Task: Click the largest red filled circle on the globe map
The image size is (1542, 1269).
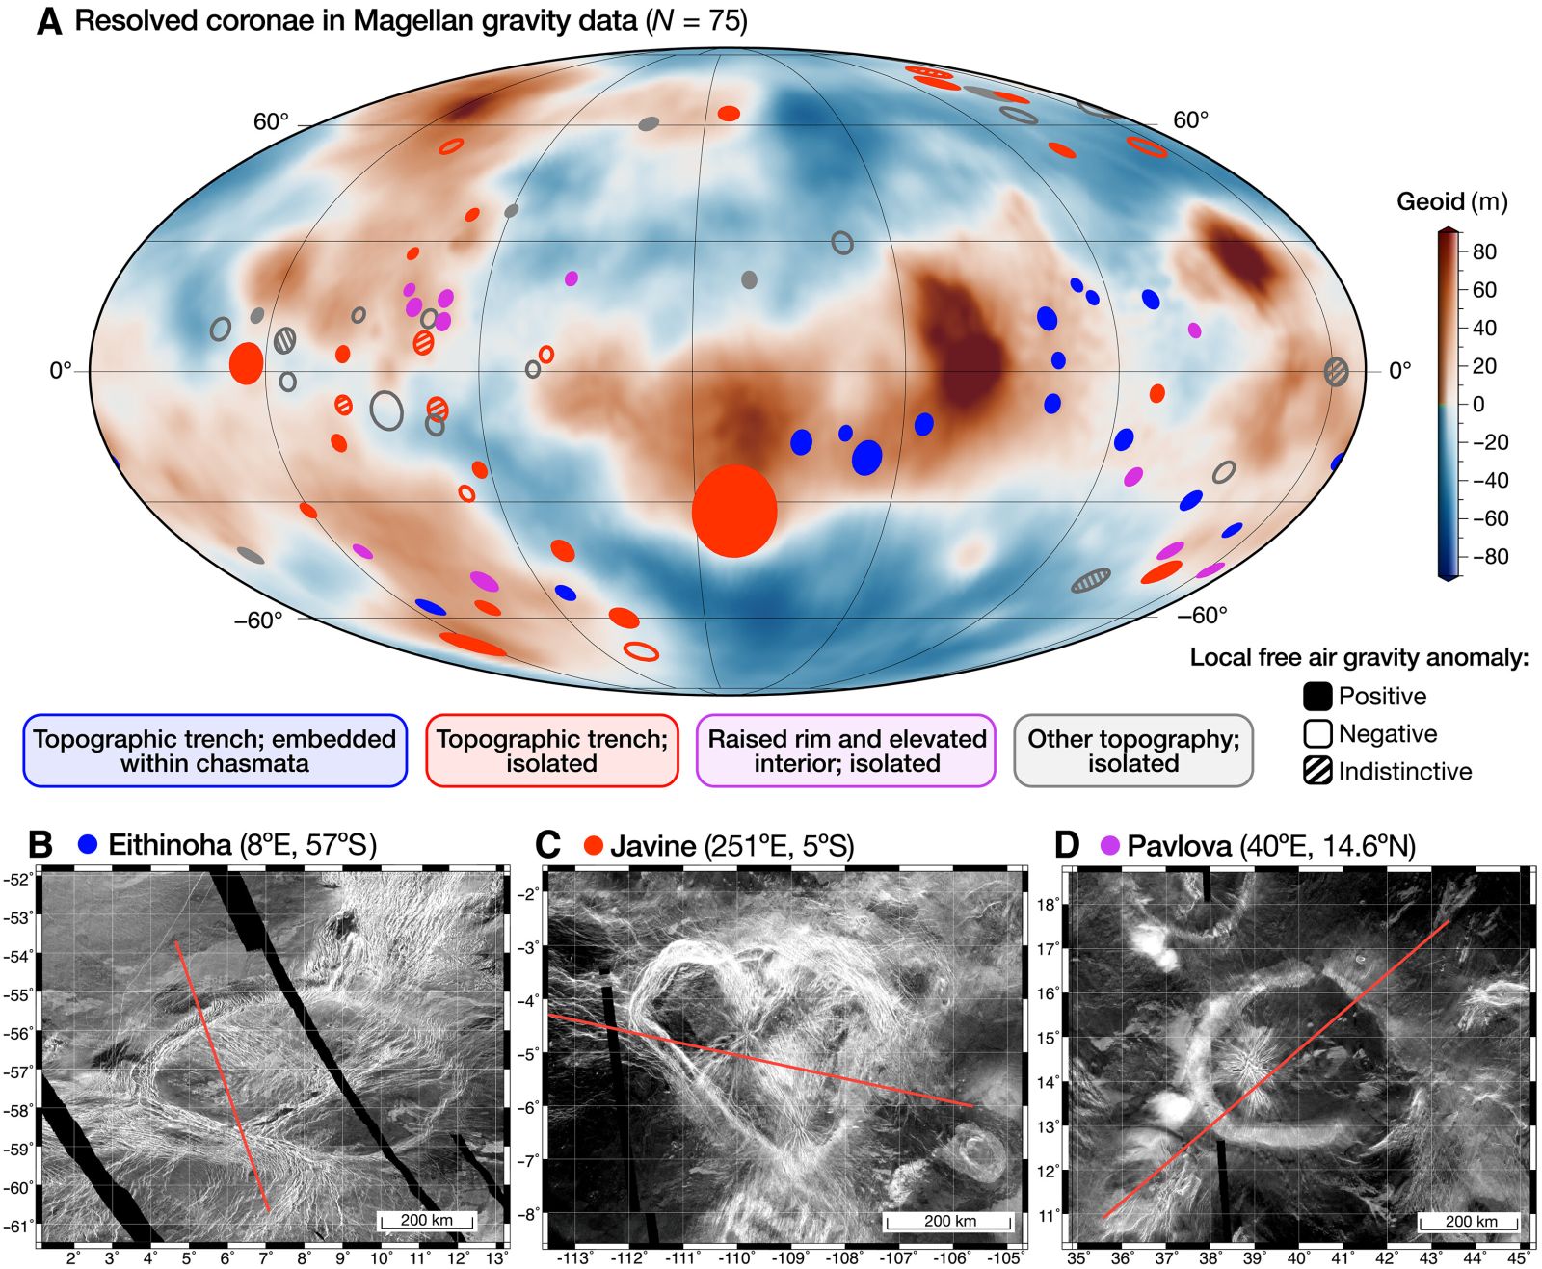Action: pyautogui.click(x=734, y=511)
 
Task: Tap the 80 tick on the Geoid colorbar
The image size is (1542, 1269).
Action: pyautogui.click(x=1483, y=252)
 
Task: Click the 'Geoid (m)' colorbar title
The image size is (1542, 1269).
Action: pyautogui.click(x=1451, y=202)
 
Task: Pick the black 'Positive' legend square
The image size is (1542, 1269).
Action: pyautogui.click(x=1317, y=696)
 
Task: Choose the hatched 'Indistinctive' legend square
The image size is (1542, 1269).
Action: pyautogui.click(x=1317, y=771)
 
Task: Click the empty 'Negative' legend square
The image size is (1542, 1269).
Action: pyautogui.click(x=1317, y=733)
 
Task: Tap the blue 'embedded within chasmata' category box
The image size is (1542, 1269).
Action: pyautogui.click(x=215, y=751)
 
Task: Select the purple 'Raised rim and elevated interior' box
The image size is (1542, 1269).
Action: pyautogui.click(x=846, y=751)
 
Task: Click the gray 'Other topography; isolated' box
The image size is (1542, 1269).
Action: pyautogui.click(x=1133, y=751)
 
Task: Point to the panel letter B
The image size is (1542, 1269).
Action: pyautogui.click(x=40, y=845)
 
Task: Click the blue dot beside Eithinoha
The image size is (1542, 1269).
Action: pyautogui.click(x=88, y=845)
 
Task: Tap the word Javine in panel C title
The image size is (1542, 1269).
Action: pyautogui.click(x=652, y=846)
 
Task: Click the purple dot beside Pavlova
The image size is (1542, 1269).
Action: pyautogui.click(x=1110, y=846)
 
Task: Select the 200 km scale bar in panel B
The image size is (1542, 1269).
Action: pyautogui.click(x=427, y=1221)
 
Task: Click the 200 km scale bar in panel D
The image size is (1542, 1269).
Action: pyautogui.click(x=1471, y=1222)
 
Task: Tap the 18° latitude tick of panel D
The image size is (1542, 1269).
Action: pyautogui.click(x=1049, y=905)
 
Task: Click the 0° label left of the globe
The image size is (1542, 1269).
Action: pyautogui.click(x=61, y=371)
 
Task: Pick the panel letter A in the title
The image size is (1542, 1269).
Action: pyautogui.click(x=48, y=22)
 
